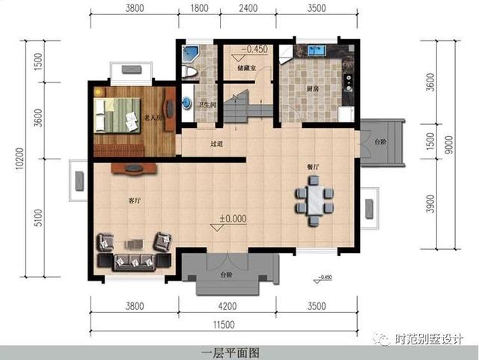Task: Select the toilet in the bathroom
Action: pyautogui.click(x=190, y=73)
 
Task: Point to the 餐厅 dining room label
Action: pyautogui.click(x=314, y=167)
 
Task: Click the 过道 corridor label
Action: pyautogui.click(x=217, y=143)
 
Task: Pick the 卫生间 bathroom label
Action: pyautogui.click(x=207, y=105)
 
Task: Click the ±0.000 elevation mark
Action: pyautogui.click(x=233, y=219)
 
